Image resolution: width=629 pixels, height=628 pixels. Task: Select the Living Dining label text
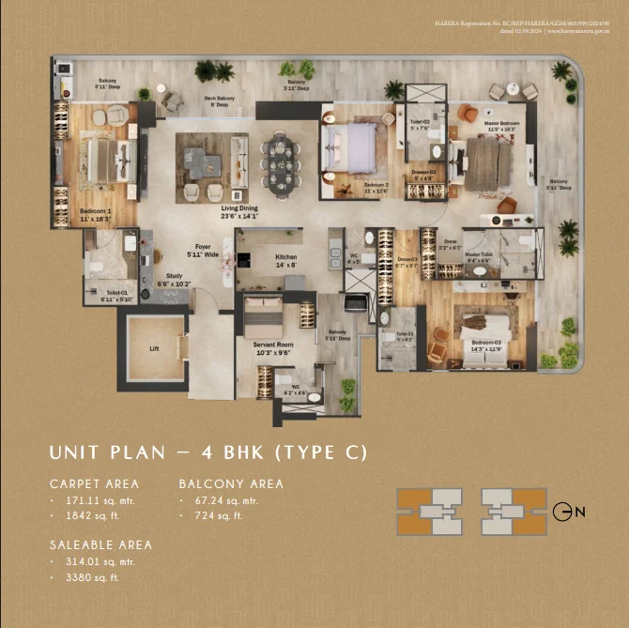coord(240,211)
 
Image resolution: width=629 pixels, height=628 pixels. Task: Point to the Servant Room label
coord(274,348)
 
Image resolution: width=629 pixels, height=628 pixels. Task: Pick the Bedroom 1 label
coord(96,214)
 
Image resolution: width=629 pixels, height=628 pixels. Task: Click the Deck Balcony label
coord(220,101)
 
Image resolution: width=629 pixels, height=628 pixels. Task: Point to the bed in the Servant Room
coord(264,317)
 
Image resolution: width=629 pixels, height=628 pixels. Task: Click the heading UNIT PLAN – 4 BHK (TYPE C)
coord(207,453)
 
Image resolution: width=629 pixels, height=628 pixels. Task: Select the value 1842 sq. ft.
coord(85,516)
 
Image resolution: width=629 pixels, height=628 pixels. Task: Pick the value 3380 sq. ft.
coord(85,577)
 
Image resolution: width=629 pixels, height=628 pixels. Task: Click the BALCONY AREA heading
coord(231,484)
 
